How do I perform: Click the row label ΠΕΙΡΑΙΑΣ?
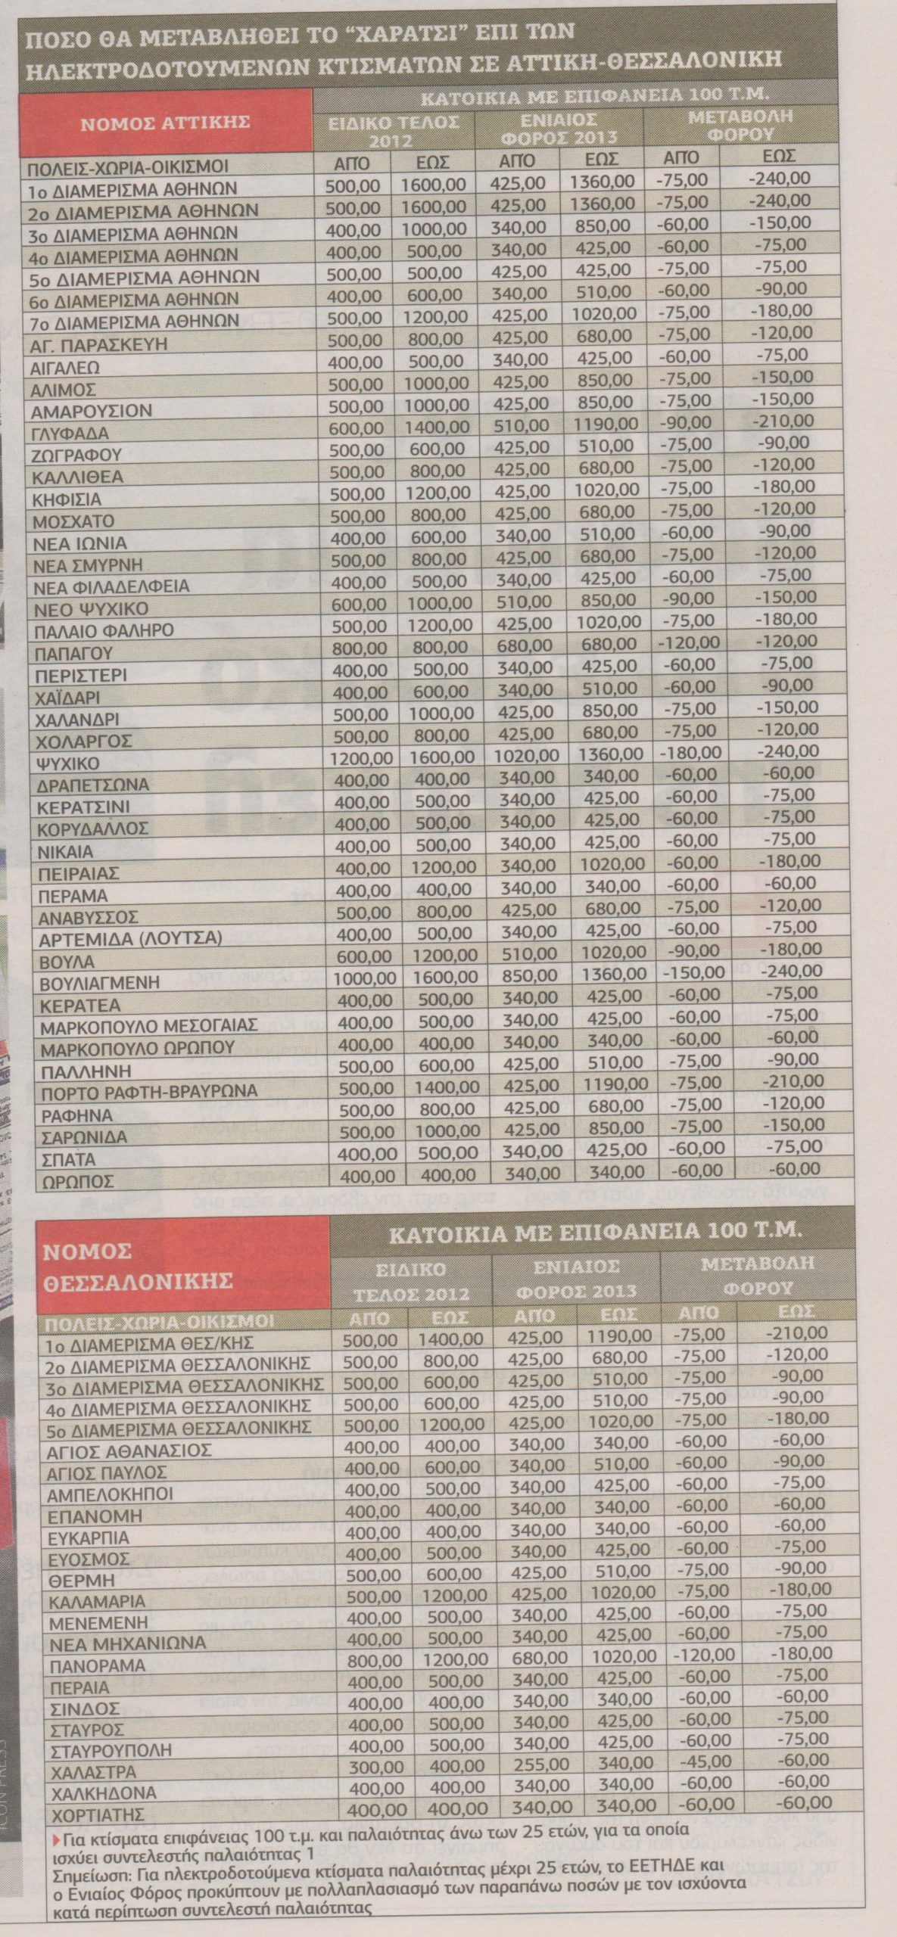click(x=80, y=873)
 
